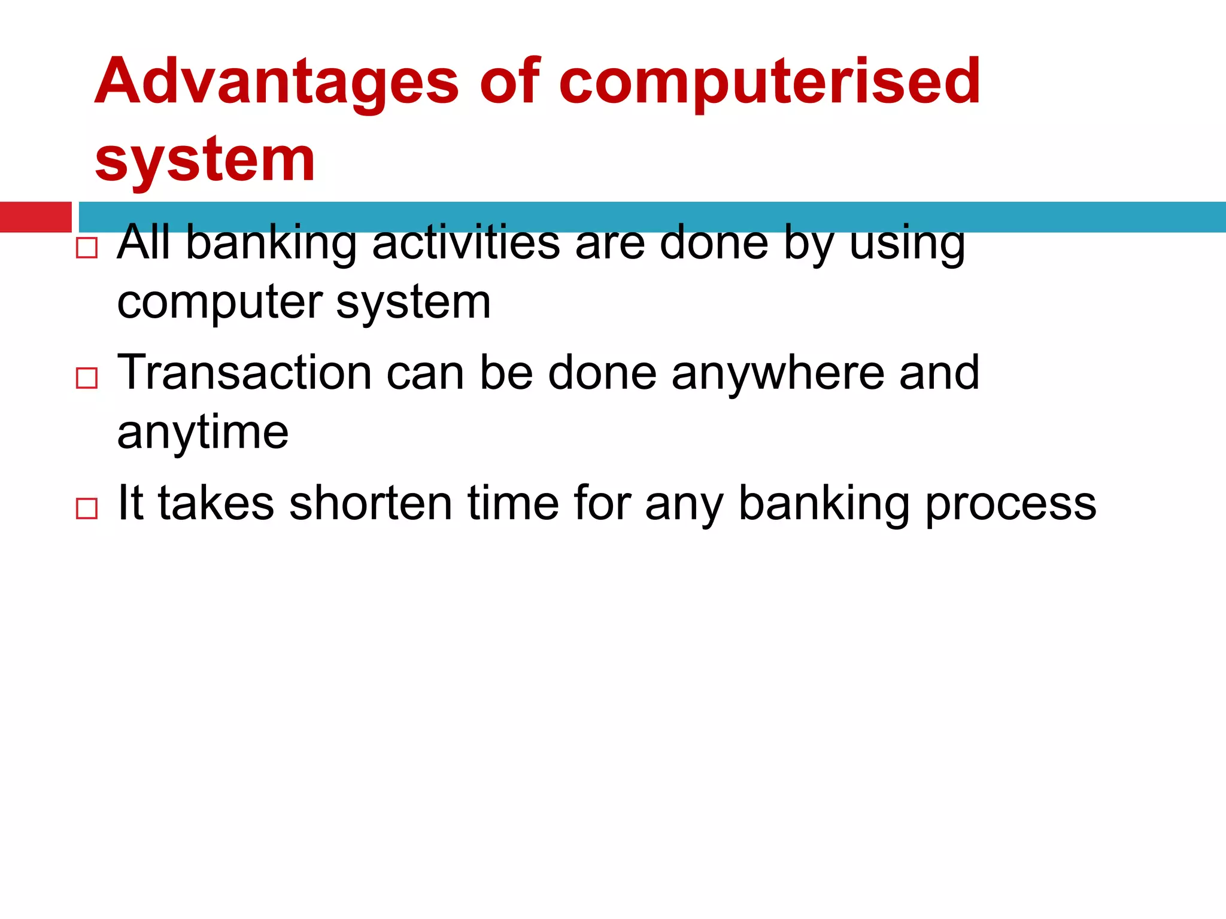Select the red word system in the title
point(205,159)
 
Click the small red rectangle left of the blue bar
point(35,217)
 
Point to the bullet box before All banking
point(87,248)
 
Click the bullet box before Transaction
point(87,378)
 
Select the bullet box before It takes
point(87,509)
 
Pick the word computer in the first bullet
point(220,303)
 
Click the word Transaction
point(244,373)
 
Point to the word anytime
point(203,433)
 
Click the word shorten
point(371,503)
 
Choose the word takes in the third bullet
point(216,503)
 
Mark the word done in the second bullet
point(602,373)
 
